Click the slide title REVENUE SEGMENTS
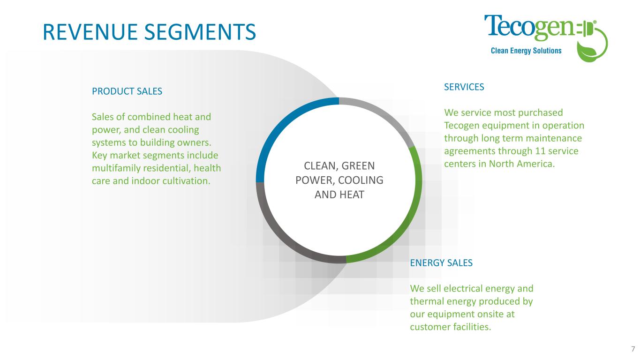coord(149,31)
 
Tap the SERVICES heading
coord(464,87)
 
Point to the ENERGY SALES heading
coord(441,263)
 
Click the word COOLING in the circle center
coord(361,180)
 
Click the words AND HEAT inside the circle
coord(339,195)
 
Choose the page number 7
coord(632,349)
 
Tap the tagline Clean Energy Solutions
coord(526,51)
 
